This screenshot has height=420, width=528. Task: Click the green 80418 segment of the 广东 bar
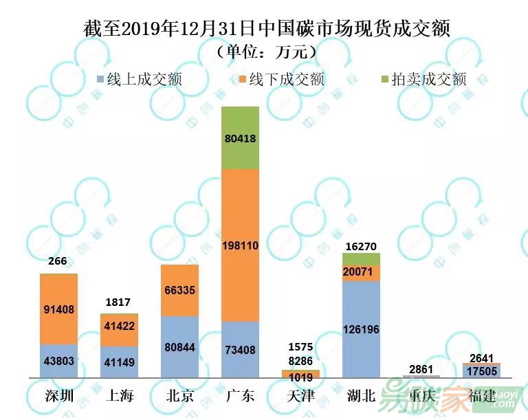pos(240,138)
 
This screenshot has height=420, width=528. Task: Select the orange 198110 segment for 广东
pos(240,245)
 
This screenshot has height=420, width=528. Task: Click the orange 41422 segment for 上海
pos(119,330)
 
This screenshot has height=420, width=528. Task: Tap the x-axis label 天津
pos(300,397)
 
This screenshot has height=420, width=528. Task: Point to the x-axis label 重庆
pos(421,397)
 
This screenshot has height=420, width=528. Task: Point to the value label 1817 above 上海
pos(119,302)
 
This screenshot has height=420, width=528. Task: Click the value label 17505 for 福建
pos(482,371)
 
